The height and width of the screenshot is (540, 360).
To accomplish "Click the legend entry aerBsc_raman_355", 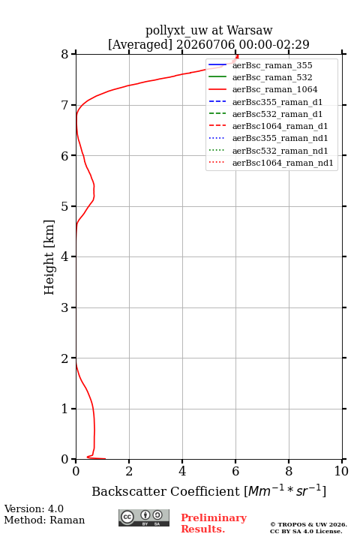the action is [x=272, y=65].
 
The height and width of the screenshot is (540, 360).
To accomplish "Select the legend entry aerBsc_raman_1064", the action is [x=275, y=89].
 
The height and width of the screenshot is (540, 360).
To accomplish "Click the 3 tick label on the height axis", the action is [x=64, y=307].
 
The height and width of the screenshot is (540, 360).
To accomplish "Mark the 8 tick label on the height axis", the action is [x=64, y=54].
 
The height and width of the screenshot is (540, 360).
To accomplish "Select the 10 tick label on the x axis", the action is [x=341, y=471].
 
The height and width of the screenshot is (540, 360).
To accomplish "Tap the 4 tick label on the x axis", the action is [x=182, y=471].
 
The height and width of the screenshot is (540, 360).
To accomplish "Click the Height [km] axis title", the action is [x=49, y=257].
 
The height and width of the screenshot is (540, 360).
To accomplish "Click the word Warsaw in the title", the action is [x=250, y=31].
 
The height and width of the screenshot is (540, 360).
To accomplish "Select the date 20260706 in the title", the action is [x=205, y=44].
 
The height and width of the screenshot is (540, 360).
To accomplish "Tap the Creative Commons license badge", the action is [x=144, y=517].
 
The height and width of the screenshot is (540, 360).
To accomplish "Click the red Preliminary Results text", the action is [x=214, y=523].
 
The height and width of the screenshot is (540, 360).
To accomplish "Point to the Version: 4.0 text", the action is [x=34, y=508].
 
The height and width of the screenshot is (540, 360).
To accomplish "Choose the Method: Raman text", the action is [x=44, y=520].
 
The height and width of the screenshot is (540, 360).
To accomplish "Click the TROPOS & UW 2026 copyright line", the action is [x=308, y=524].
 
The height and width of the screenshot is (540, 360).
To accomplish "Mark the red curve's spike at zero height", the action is [x=97, y=458].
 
